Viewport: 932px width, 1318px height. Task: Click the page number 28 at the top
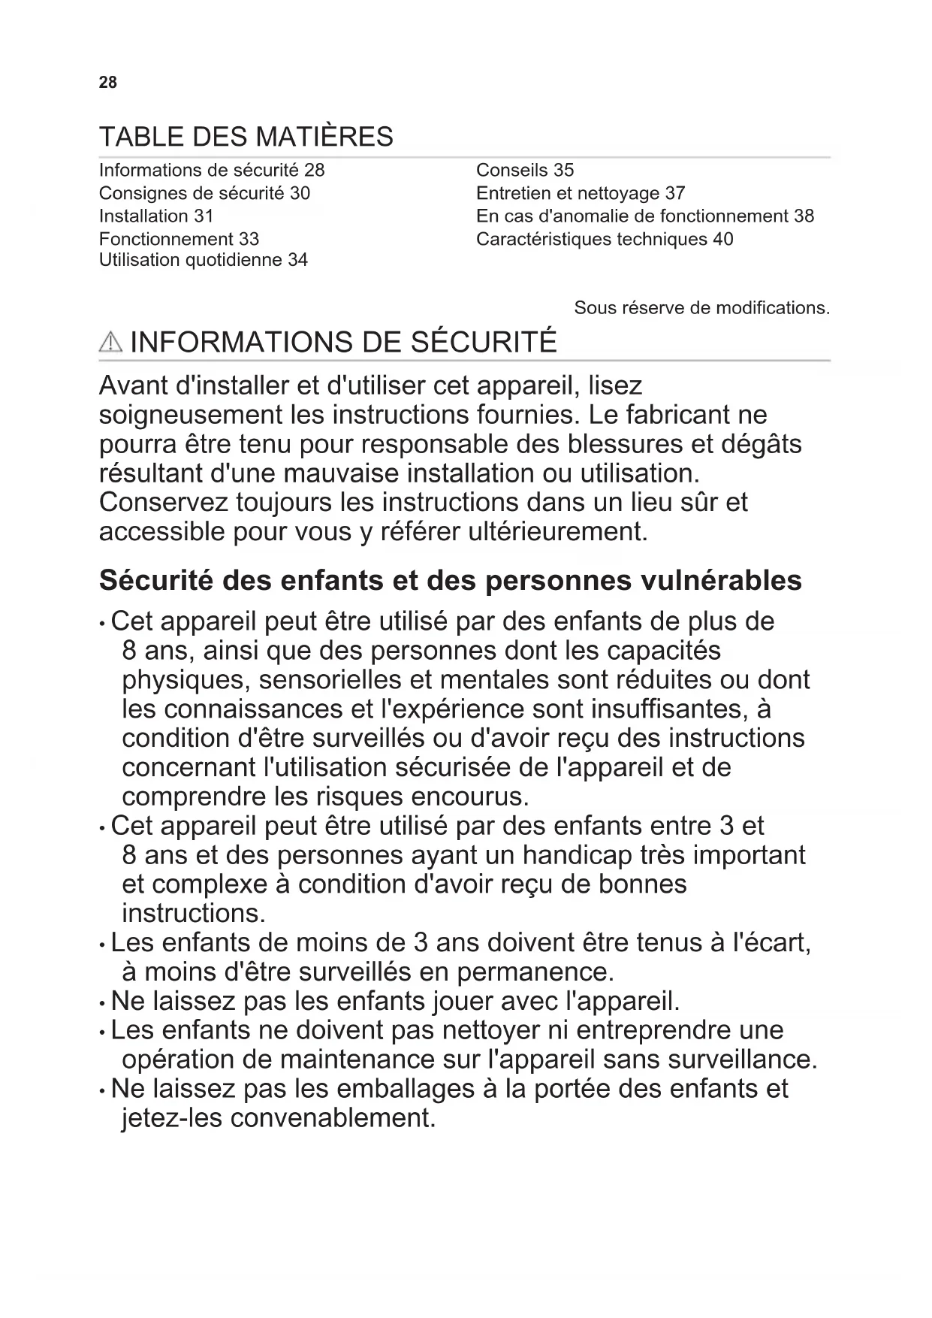pyautogui.click(x=108, y=83)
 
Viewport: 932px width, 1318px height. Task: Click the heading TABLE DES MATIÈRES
pyautogui.click(x=246, y=137)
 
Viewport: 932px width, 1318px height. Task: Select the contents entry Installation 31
pyautogui.click(x=156, y=216)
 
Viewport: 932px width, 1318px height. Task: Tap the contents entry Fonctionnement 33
pyautogui.click(x=179, y=239)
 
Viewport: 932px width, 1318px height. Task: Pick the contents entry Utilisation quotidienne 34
pyautogui.click(x=203, y=260)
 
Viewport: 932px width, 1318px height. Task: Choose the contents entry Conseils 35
pyautogui.click(x=524, y=171)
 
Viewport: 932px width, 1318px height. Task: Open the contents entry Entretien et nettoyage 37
pyautogui.click(x=580, y=193)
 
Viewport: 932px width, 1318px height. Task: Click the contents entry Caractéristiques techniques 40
pyautogui.click(x=604, y=239)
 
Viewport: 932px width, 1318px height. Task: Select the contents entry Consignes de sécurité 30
pyautogui.click(x=204, y=193)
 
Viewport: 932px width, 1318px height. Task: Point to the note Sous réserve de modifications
pyautogui.click(x=701, y=308)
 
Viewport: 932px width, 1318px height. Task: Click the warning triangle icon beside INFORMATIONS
pyautogui.click(x=110, y=343)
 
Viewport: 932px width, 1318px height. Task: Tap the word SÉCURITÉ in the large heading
pyautogui.click(x=484, y=342)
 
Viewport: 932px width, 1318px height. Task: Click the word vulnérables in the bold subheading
pyautogui.click(x=721, y=581)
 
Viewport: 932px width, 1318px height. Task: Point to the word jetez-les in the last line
pyautogui.click(x=172, y=1118)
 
